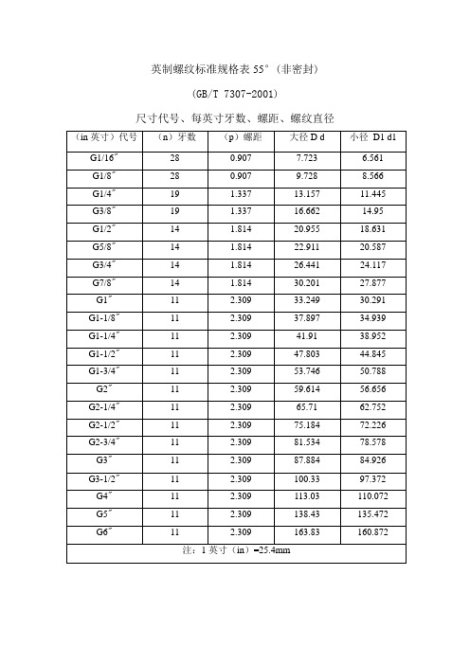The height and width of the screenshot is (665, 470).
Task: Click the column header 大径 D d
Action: click(306, 138)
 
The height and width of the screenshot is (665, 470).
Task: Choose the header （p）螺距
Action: click(239, 138)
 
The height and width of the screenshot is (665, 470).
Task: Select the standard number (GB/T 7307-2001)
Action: click(234, 95)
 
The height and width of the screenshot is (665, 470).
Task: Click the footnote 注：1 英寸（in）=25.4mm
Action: click(234, 549)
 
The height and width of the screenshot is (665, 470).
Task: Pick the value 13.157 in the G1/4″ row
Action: click(306, 194)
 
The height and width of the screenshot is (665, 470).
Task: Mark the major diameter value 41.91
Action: click(306, 335)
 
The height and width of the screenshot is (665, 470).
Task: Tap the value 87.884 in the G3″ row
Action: click(306, 459)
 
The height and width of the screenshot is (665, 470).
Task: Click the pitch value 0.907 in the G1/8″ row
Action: click(239, 176)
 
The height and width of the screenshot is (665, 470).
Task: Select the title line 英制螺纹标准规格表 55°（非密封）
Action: click(234, 70)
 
